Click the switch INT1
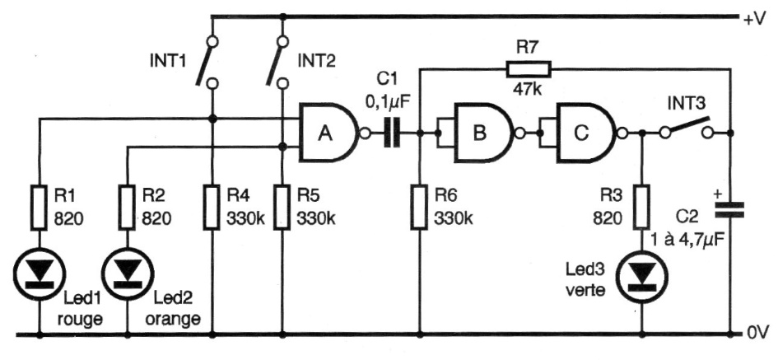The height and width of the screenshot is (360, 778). click(206, 61)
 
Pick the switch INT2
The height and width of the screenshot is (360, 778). click(276, 61)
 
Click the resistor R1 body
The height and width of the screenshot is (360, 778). click(40, 208)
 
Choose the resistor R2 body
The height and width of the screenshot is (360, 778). click(128, 208)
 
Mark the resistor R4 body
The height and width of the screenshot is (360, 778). click(213, 208)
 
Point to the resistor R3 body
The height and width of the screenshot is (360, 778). click(641, 208)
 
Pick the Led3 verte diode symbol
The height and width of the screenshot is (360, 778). click(641, 276)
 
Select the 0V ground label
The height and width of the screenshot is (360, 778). click(755, 334)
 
